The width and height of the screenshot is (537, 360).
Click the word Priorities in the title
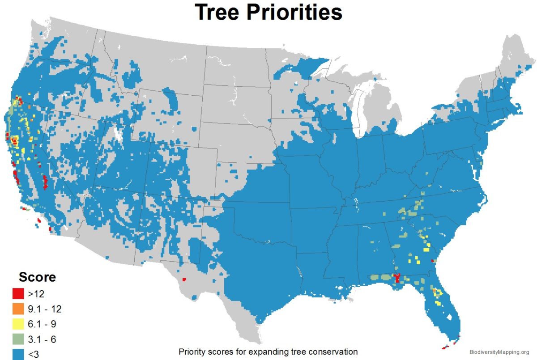click(x=300, y=13)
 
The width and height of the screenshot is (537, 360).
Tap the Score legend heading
click(x=37, y=277)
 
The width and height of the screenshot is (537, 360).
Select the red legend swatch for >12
click(x=18, y=294)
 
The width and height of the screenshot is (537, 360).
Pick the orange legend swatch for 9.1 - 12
click(x=18, y=309)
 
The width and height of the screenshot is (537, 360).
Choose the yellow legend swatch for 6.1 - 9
click(x=18, y=324)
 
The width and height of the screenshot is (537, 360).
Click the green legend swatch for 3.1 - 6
click(x=18, y=339)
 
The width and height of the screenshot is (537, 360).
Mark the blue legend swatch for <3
click(x=18, y=354)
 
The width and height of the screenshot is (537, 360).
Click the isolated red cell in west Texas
click(x=184, y=280)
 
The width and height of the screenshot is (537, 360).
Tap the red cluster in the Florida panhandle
click(x=396, y=278)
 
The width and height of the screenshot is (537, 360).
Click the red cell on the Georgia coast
click(x=433, y=260)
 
